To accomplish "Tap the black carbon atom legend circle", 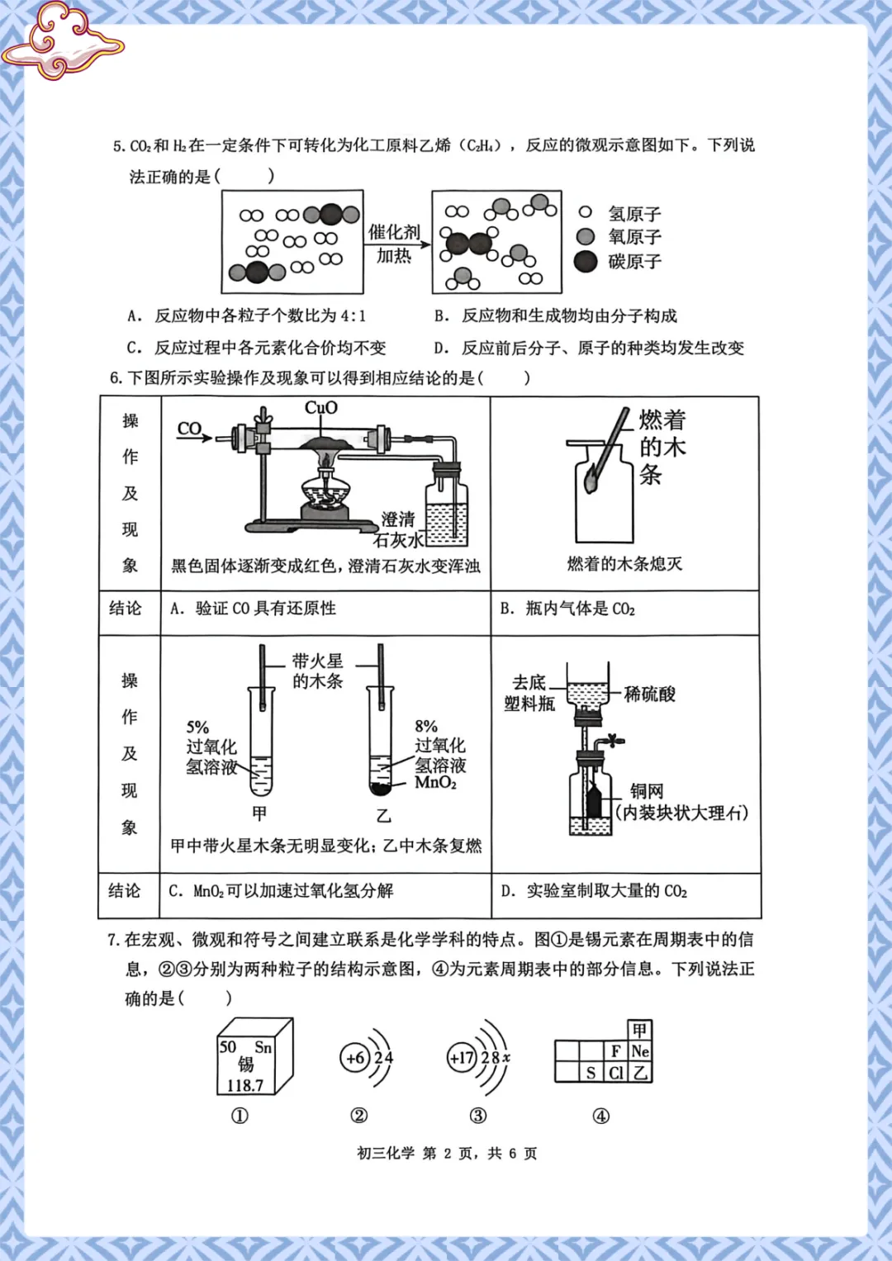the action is (x=586, y=262).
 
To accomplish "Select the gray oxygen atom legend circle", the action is (x=586, y=237).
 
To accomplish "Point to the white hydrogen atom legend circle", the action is (x=586, y=213).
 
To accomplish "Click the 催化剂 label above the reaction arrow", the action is (x=394, y=232).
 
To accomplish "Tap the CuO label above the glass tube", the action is (x=321, y=408).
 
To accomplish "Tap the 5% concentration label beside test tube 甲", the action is (x=197, y=728).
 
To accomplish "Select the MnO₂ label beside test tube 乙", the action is (x=435, y=783).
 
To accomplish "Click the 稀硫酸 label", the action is (x=650, y=694).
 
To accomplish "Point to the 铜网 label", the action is (x=647, y=791).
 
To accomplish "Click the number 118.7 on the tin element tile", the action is (x=245, y=1085).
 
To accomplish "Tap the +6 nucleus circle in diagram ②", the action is (x=355, y=1058).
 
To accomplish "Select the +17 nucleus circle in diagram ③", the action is (x=462, y=1058).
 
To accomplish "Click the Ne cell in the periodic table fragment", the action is (x=640, y=1051).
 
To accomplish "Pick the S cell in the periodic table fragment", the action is (x=591, y=1073).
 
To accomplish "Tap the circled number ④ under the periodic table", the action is (x=601, y=1116).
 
